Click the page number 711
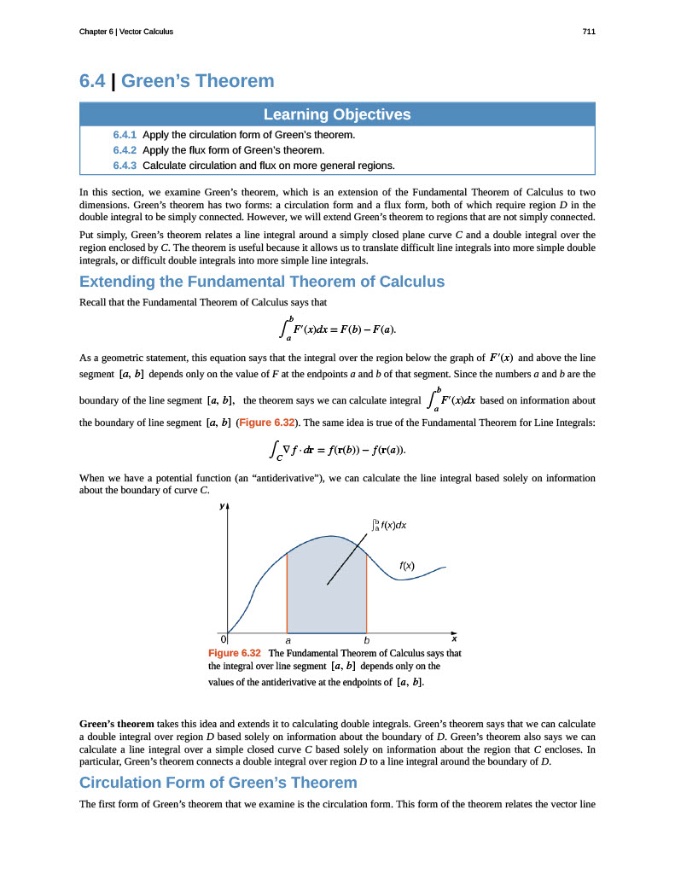coord(589,32)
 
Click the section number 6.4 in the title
coord(94,81)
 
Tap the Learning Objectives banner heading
coord(337,114)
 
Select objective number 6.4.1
coord(125,135)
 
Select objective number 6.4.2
coord(125,150)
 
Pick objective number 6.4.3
coord(125,166)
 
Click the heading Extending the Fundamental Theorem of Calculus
coord(262,282)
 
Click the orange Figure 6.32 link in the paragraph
coord(266,422)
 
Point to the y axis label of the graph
coord(221,506)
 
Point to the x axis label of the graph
coord(454,638)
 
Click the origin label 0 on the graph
coord(223,638)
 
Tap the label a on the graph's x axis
coord(288,639)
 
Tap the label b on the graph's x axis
coord(366,639)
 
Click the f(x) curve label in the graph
coord(407,565)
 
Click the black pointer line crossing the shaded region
coord(350,557)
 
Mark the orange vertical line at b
coord(367,589)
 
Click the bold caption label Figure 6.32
coord(235,653)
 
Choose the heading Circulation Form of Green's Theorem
coord(218,783)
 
